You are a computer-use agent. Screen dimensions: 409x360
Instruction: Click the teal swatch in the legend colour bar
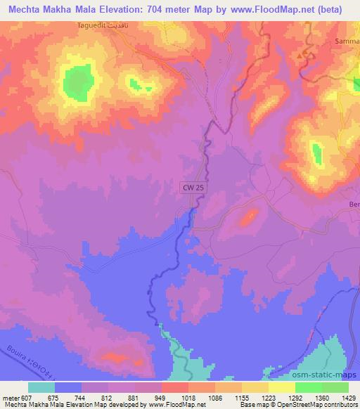coord(41,387)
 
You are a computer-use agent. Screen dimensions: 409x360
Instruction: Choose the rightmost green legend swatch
coord(335,387)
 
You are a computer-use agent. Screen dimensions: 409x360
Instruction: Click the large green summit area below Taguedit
coord(74,82)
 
